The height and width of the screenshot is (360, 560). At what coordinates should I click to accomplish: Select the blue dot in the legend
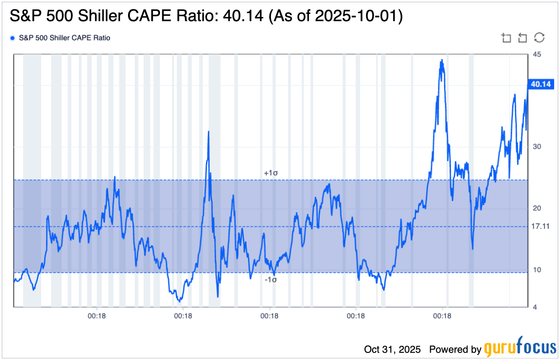[x=12, y=38]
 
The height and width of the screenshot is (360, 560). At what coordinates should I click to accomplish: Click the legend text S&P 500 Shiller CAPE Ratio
[x=64, y=38]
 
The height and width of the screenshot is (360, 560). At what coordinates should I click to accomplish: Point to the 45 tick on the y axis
[x=537, y=55]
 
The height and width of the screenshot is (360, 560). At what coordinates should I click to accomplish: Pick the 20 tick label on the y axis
[x=537, y=209]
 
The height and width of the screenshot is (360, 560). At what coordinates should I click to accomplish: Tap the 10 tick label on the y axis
[x=537, y=270]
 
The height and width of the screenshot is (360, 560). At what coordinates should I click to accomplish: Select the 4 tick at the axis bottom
[x=535, y=307]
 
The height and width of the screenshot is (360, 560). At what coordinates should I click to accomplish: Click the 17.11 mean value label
[x=540, y=227]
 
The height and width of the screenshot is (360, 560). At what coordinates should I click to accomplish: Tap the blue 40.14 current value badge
[x=542, y=84]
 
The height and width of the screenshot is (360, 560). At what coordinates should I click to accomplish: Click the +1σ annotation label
[x=270, y=173]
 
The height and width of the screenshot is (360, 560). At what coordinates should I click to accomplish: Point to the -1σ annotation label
[x=270, y=279]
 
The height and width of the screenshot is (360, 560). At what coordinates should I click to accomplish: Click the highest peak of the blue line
[x=442, y=60]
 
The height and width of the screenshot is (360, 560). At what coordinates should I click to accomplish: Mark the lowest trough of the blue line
[x=179, y=301]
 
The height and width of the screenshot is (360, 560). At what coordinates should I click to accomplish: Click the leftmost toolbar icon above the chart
[x=506, y=38]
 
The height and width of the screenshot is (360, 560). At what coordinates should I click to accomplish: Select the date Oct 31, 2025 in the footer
[x=392, y=349]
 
